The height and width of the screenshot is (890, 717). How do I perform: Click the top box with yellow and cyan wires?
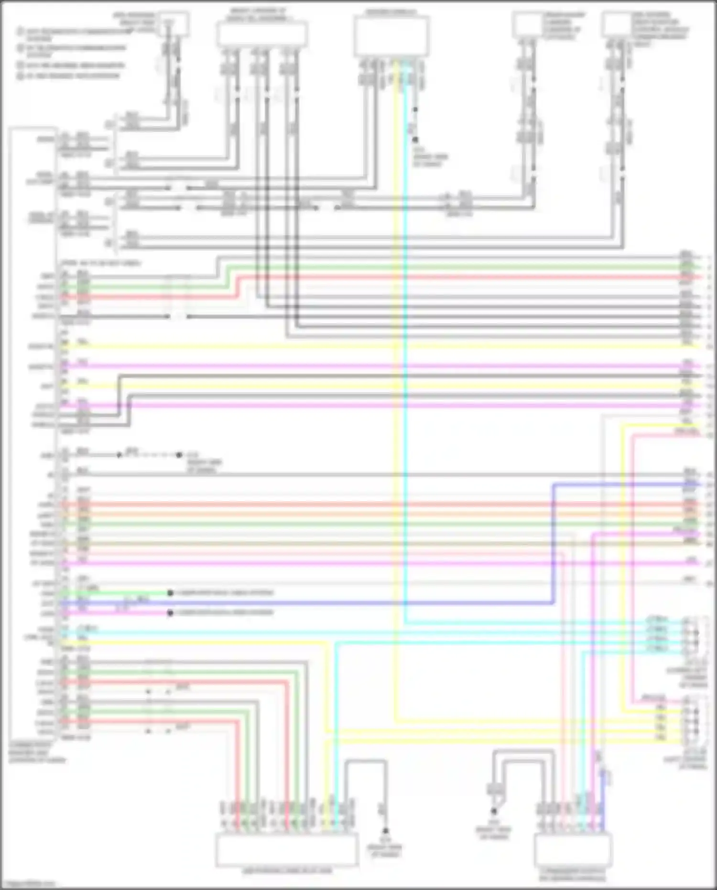391,36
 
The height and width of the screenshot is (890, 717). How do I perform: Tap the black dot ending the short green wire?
170,593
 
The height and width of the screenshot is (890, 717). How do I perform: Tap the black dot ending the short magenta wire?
170,613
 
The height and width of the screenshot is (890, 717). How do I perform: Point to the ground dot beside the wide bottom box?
385,831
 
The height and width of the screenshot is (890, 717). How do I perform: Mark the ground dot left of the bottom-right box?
494,811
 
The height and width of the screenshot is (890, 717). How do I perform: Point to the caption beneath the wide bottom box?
286,871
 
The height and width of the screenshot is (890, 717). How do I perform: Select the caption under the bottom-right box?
572,875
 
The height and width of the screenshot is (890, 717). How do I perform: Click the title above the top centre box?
391,11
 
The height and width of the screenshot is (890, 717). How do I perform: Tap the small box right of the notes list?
174,24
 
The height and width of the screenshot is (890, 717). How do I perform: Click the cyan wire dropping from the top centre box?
404,335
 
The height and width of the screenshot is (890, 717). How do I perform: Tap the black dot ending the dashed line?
179,455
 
